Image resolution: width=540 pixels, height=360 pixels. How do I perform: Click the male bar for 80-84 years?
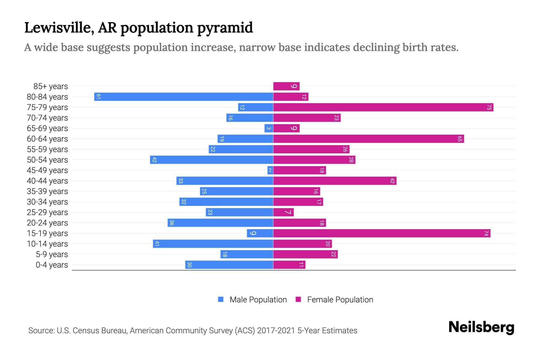tap(184, 97)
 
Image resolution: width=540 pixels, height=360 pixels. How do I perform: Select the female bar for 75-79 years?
tap(383, 107)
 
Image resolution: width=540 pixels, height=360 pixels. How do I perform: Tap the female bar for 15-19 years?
tap(382, 233)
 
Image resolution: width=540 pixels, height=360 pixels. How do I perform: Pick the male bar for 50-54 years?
tap(211, 160)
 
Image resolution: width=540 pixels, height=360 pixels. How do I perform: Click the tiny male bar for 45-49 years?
tap(270, 170)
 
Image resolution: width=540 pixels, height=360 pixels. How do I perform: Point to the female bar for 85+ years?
tap(286, 86)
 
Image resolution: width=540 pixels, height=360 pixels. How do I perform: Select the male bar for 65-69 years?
tap(268, 128)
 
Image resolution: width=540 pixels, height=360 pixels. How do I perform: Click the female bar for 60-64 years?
tap(368, 139)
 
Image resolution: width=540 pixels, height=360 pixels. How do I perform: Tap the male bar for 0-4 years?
tap(229, 265)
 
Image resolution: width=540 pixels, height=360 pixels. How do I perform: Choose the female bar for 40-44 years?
tap(334, 181)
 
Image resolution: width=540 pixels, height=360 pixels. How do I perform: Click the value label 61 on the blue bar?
tap(98, 97)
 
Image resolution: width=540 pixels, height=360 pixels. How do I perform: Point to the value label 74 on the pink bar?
tap(486, 233)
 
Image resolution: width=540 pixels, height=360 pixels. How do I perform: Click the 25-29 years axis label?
tap(47, 212)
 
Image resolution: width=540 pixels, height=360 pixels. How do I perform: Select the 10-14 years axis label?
tap(47, 244)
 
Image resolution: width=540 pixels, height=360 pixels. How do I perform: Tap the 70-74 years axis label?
tap(47, 118)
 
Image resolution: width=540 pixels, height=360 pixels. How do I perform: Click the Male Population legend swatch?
tap(221, 299)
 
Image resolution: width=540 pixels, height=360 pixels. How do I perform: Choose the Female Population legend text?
tap(340, 299)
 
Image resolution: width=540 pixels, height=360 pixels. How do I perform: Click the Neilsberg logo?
tap(481, 327)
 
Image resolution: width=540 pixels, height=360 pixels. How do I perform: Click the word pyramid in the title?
tap(225, 28)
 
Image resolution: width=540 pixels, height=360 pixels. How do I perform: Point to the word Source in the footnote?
tap(41, 331)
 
